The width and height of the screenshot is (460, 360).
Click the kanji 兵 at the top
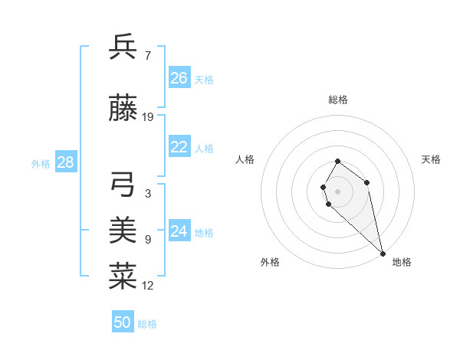(x=123, y=47)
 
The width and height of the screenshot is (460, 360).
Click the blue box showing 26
(x=179, y=78)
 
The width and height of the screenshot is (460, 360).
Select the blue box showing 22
(x=179, y=147)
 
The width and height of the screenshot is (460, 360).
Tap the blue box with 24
(x=179, y=231)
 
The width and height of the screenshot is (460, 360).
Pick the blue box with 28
(x=65, y=162)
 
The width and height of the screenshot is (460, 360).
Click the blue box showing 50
(x=123, y=322)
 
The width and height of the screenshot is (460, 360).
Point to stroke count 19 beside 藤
(x=148, y=117)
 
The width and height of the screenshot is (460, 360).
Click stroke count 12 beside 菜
(x=148, y=285)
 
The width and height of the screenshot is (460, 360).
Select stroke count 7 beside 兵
(x=147, y=54)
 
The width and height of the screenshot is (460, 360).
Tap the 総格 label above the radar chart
(x=338, y=100)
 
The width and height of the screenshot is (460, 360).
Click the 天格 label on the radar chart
(x=431, y=159)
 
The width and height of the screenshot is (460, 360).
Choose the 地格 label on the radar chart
(x=402, y=262)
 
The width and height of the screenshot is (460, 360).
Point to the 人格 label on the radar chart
(x=245, y=159)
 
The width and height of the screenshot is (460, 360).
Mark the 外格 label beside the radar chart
(x=270, y=262)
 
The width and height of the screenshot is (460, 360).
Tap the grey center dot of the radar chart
(x=338, y=191)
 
